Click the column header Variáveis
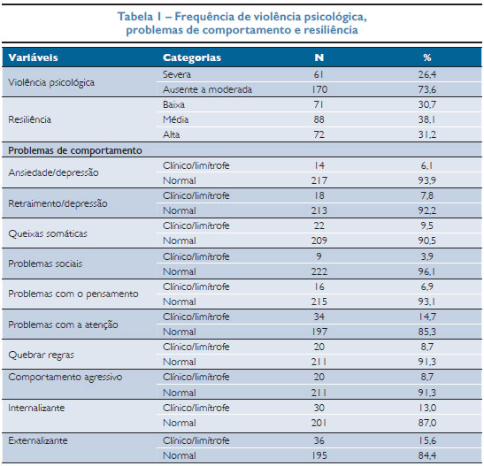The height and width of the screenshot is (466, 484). click(34, 57)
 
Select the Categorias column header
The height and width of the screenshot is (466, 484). click(192, 57)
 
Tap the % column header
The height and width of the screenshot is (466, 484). click(427, 57)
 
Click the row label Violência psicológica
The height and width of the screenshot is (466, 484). click(51, 82)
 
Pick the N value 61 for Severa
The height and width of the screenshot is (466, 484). click(319, 74)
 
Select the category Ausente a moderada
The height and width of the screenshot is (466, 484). click(207, 89)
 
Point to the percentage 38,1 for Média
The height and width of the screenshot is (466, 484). click(426, 119)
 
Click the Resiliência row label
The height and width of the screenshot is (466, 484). click(29, 119)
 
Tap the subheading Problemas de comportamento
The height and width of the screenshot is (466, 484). click(75, 150)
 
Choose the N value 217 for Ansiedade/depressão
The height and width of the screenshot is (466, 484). click(319, 180)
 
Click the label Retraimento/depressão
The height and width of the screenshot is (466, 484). click(58, 203)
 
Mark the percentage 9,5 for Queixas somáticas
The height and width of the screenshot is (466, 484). click(426, 225)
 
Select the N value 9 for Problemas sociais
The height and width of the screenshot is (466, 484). click(319, 256)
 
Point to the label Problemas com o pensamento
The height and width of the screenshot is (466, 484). click(73, 294)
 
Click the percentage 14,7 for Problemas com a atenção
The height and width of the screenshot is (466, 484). click(426, 317)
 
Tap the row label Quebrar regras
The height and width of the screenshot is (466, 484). click(41, 355)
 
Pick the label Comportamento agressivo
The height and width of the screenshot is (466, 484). click(65, 378)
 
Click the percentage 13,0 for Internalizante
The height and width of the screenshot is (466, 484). click(426, 408)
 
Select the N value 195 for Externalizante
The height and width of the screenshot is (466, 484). click(319, 455)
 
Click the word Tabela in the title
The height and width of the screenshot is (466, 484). click(135, 17)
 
